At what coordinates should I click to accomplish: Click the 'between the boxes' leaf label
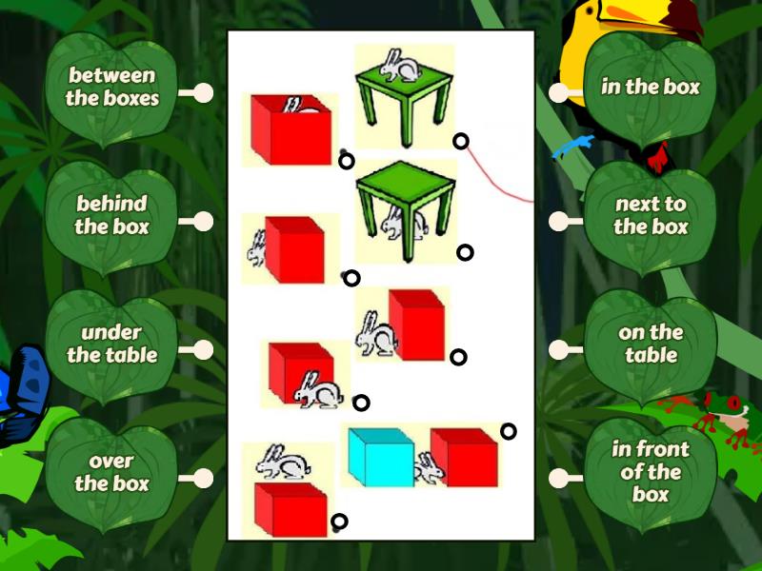[111, 87]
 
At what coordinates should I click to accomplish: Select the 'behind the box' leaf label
[111, 215]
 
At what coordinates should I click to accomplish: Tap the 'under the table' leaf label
[111, 344]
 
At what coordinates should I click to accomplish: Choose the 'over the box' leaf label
[111, 472]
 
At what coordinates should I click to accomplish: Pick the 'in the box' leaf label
[651, 88]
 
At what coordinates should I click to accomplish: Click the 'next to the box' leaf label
[651, 215]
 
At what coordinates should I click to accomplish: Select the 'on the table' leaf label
[651, 344]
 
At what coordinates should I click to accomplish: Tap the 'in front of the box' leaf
[651, 472]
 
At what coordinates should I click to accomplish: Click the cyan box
[380, 457]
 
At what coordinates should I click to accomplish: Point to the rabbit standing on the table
[399, 66]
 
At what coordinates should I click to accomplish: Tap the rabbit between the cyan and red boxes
[429, 468]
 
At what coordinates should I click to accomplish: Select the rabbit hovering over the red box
[283, 463]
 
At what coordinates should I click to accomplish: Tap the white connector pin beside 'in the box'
[560, 92]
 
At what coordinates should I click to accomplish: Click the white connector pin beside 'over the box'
[202, 478]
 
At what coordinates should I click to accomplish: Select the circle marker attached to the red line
[461, 141]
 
